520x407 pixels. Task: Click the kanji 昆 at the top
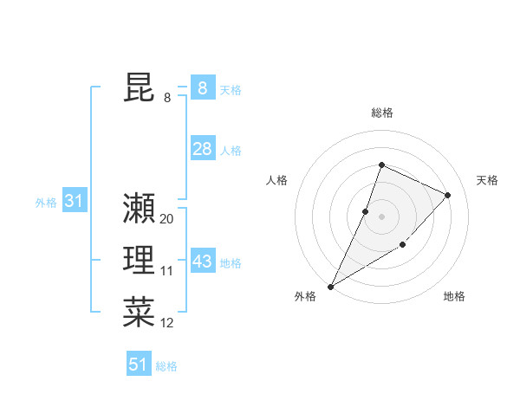(x=139, y=88)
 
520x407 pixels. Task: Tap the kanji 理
(x=139, y=261)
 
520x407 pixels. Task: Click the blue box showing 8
(x=202, y=88)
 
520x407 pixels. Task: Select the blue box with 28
(x=202, y=149)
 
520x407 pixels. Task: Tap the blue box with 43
(x=202, y=261)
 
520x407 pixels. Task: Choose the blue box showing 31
(x=74, y=202)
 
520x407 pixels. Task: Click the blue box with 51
(x=139, y=365)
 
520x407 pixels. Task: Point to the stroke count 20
(x=167, y=219)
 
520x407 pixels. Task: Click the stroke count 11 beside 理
(x=167, y=271)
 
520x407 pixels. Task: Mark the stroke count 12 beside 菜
(x=167, y=323)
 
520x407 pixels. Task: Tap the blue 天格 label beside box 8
(x=231, y=89)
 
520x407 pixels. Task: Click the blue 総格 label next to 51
(x=166, y=366)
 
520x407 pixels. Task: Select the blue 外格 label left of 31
(x=46, y=203)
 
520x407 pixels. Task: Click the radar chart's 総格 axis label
(x=381, y=113)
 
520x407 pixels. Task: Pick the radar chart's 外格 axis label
(x=305, y=296)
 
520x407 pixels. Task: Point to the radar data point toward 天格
(x=448, y=195)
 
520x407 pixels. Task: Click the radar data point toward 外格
(x=331, y=286)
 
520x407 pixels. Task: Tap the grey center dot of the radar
(x=381, y=216)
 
